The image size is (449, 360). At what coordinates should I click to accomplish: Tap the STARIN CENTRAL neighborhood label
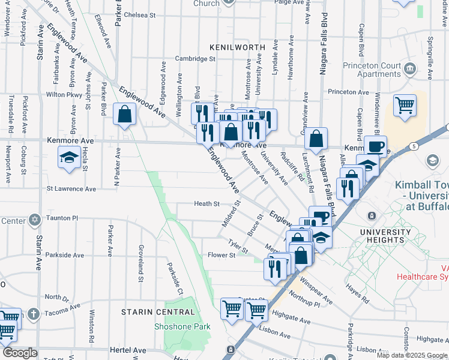tap(158, 312)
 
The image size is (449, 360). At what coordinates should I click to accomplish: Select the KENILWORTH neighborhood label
tap(233, 46)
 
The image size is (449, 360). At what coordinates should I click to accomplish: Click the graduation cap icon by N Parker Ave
tap(69, 158)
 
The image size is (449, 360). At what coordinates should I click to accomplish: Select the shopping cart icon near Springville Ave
tap(405, 106)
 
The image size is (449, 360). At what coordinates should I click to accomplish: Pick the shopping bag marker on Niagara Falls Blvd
tap(316, 139)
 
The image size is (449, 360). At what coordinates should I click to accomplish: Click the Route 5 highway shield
tap(414, 146)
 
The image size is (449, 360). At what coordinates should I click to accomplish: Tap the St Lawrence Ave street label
tap(71, 189)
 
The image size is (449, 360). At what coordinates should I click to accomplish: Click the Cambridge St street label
tap(195, 59)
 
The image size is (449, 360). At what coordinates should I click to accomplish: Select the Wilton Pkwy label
tap(64, 95)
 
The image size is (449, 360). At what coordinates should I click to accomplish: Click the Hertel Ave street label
tap(128, 350)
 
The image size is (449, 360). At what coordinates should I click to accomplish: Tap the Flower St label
tap(221, 255)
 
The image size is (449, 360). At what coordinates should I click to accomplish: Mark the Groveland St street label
tap(140, 263)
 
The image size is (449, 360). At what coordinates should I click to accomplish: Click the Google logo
tap(20, 353)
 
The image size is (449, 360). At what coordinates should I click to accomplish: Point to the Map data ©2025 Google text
tap(412, 355)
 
